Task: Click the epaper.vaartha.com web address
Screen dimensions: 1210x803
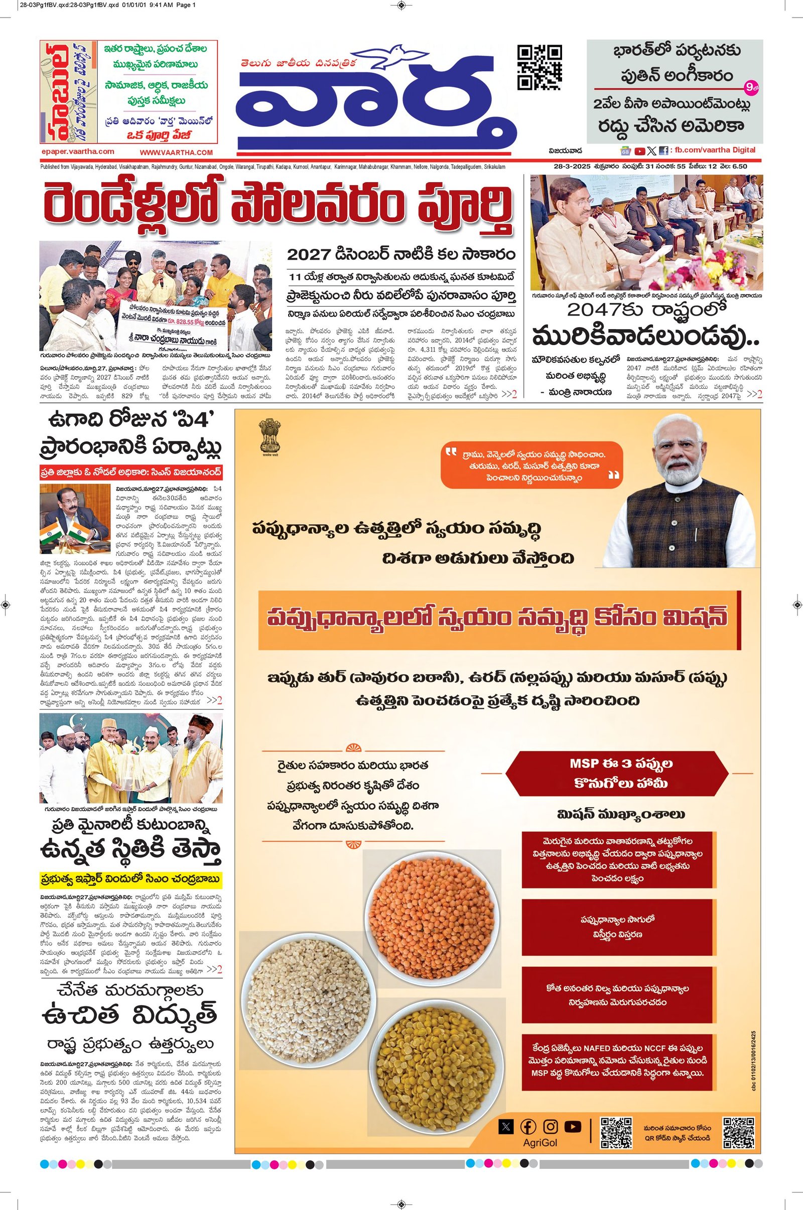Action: pos(78,152)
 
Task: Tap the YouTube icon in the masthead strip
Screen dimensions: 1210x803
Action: pos(639,151)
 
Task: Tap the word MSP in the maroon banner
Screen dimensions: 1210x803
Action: pos(584,763)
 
